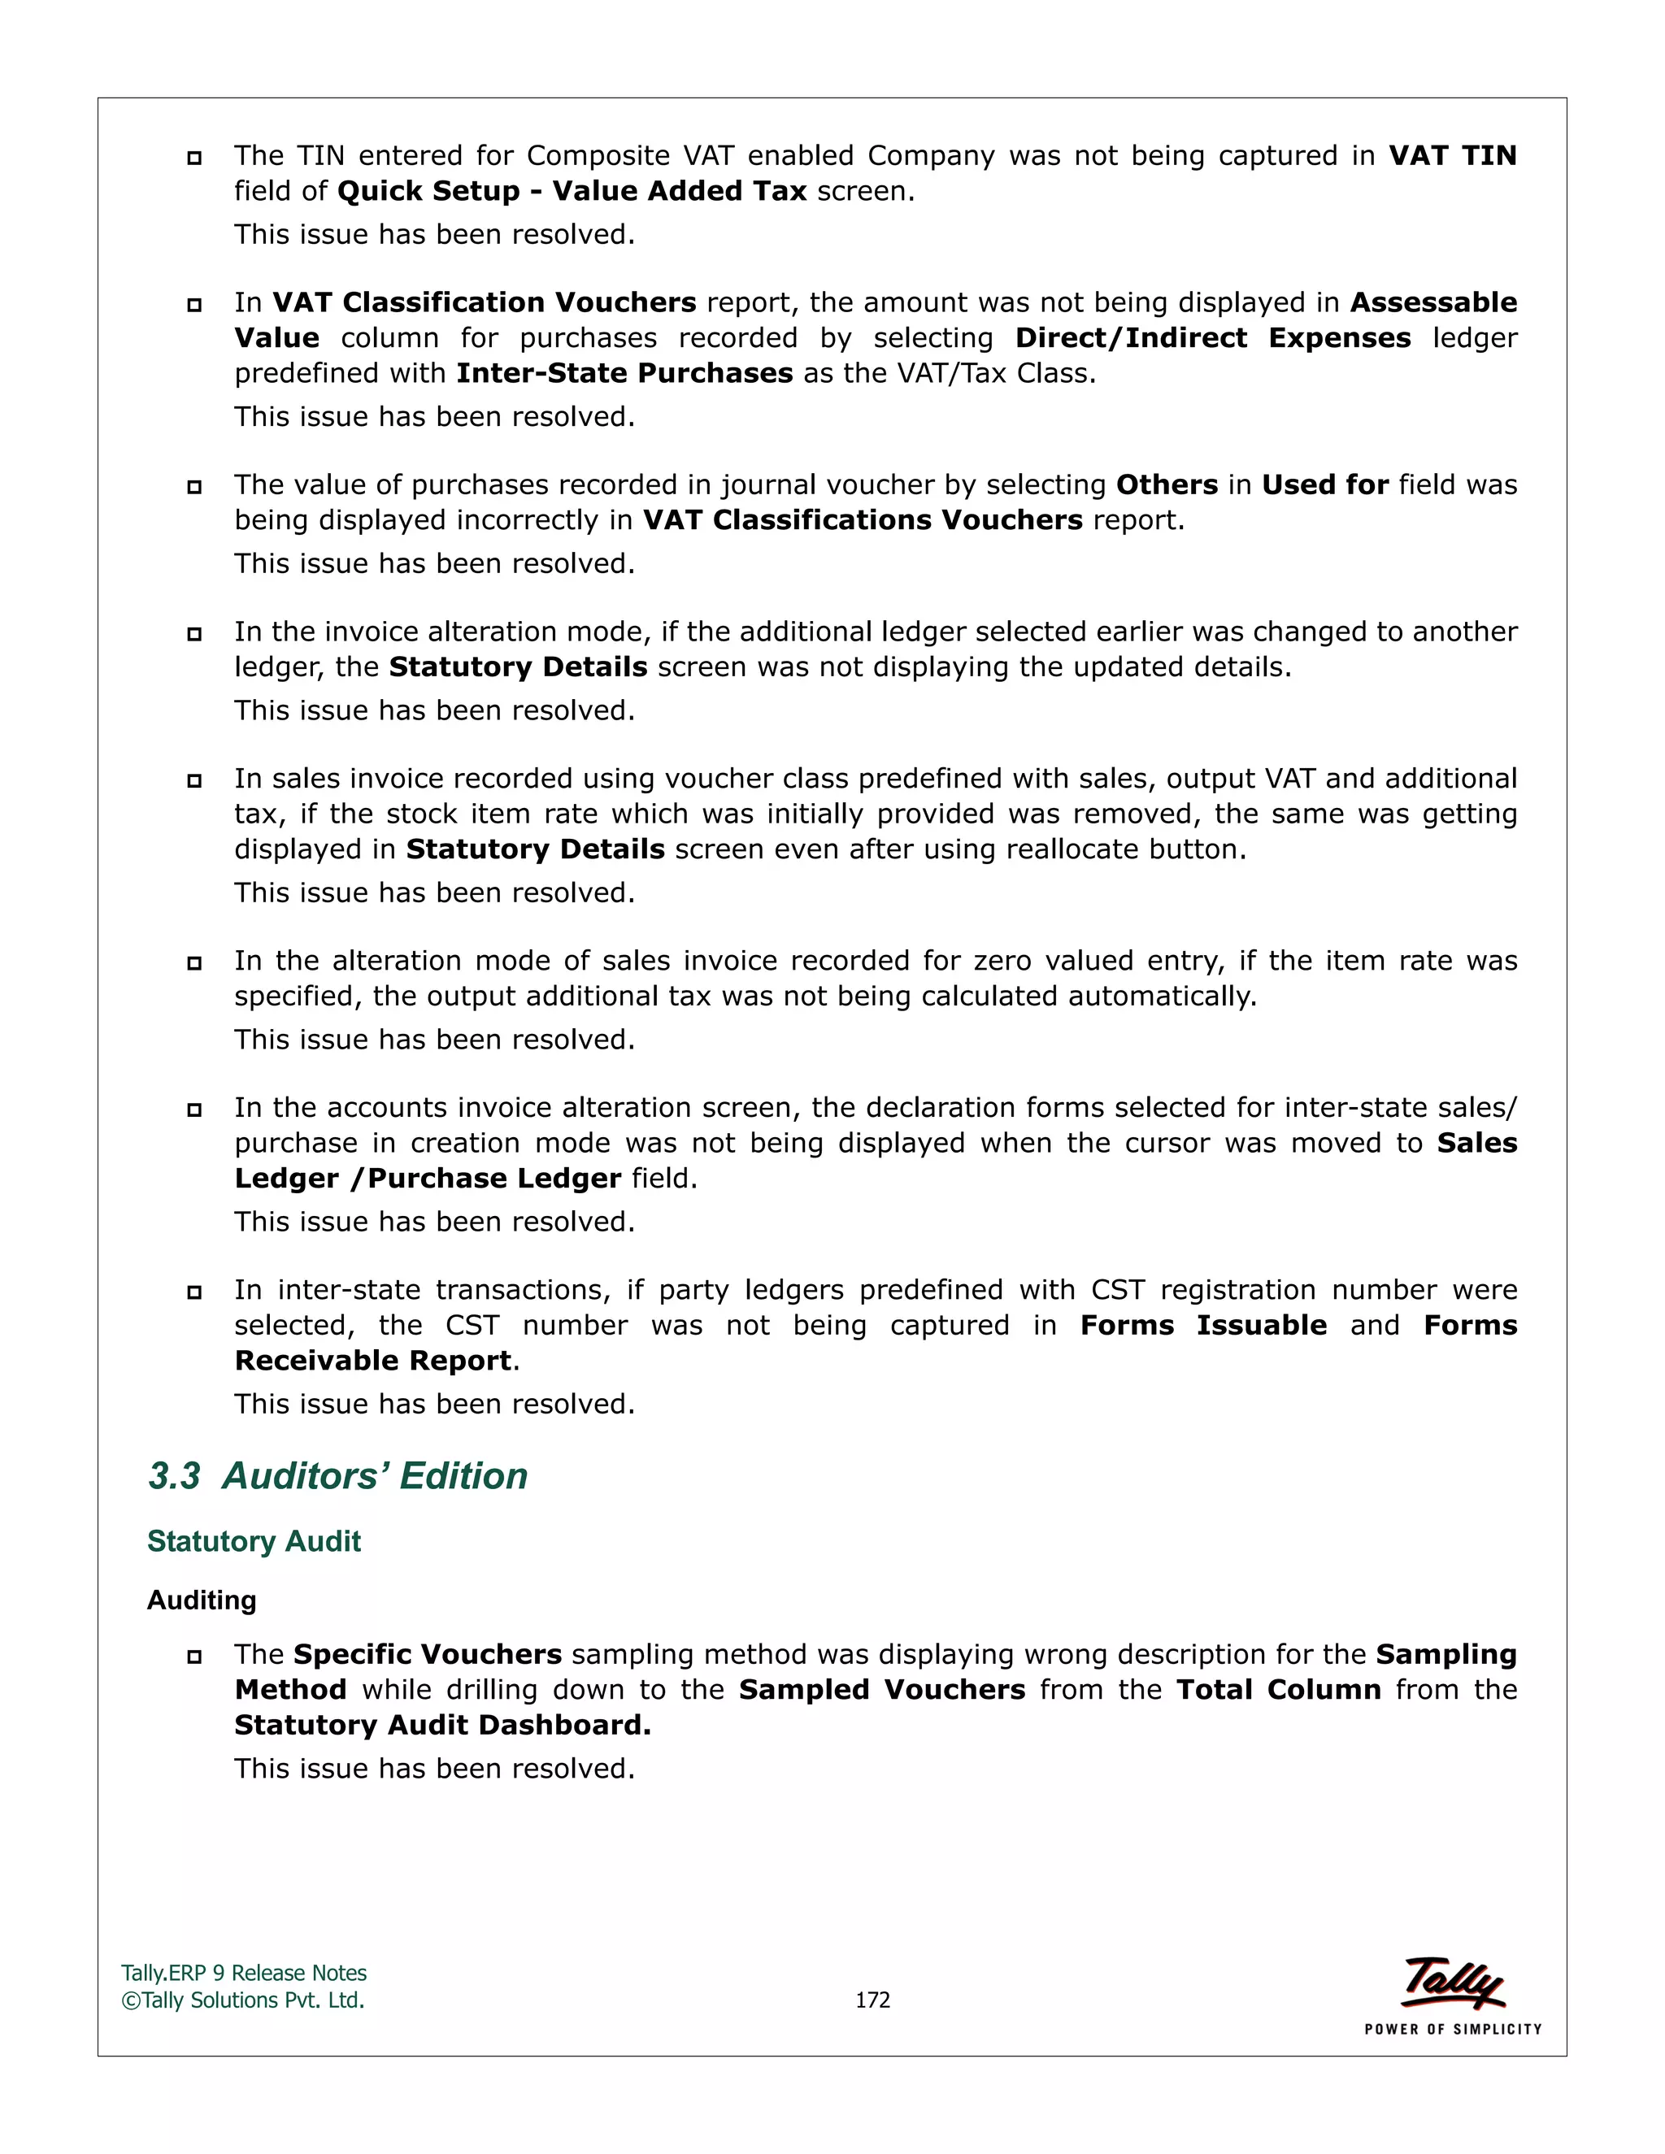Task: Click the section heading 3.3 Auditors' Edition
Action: tap(337, 1476)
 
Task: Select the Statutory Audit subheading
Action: tap(254, 1541)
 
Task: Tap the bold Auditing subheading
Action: tap(202, 1600)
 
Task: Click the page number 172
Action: tap(872, 2000)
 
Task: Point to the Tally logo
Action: tap(1453, 1983)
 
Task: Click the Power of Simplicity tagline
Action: tap(1453, 2029)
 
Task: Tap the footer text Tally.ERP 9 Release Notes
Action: tap(244, 1973)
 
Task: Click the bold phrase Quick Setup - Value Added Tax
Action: tap(572, 191)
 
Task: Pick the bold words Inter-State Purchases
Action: tap(624, 374)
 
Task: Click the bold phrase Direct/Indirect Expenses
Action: tap(1213, 338)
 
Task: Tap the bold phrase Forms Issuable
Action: tap(1203, 1326)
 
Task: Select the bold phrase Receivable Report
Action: tap(373, 1361)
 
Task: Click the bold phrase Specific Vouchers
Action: tap(427, 1654)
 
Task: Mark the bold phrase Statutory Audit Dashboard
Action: tap(443, 1725)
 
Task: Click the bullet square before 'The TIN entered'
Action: tap(194, 158)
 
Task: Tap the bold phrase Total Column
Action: tap(1278, 1690)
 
